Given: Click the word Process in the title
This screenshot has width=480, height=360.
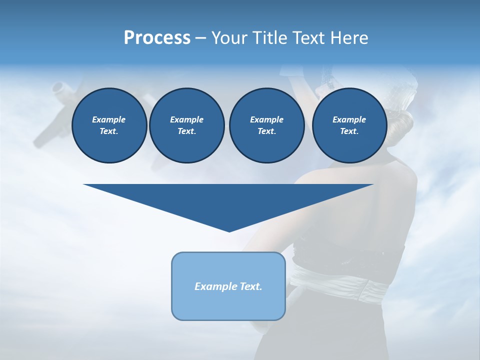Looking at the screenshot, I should pos(157,38).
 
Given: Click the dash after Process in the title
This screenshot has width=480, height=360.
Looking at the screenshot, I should pos(200,38).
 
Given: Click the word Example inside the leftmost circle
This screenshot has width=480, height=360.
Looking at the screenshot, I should pos(109,119).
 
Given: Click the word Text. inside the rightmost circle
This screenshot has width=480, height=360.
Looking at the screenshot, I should pos(349,131).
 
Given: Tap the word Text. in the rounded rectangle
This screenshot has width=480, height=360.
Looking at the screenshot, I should pos(251,286).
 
